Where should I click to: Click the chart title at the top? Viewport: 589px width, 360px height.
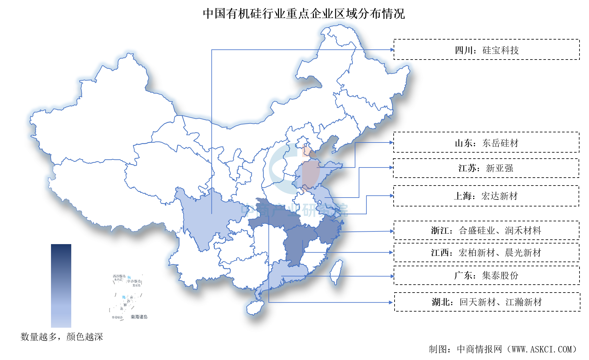[x=304, y=14]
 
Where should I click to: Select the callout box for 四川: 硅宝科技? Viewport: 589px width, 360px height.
[x=486, y=50]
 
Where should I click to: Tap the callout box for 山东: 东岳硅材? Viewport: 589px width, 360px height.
[x=486, y=142]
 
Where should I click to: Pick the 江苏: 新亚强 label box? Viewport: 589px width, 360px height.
[x=486, y=168]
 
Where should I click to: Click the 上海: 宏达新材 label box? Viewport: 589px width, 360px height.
[x=486, y=196]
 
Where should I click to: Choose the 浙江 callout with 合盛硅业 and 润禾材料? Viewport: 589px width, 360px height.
[x=486, y=230]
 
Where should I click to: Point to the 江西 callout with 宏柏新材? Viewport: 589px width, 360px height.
[x=486, y=253]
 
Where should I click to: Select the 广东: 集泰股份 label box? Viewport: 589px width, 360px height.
[x=486, y=275]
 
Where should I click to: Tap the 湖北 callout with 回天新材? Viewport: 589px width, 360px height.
[x=487, y=302]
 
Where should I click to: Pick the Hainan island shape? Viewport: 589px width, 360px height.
[x=255, y=307]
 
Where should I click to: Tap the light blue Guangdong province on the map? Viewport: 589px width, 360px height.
[x=285, y=275]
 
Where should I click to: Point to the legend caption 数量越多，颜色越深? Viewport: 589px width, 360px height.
[x=62, y=337]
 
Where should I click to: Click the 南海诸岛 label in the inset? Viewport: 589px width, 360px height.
[x=139, y=317]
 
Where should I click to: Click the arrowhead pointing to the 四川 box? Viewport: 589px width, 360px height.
[x=392, y=50]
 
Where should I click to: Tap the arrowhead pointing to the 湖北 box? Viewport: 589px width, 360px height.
[x=391, y=302]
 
